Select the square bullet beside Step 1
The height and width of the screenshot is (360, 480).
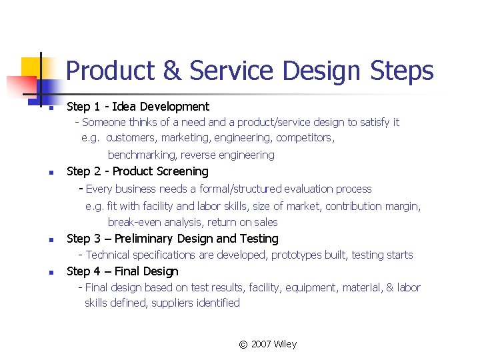click(x=41, y=108)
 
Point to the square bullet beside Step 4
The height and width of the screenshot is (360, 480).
click(x=41, y=273)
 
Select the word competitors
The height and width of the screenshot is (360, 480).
click(x=305, y=138)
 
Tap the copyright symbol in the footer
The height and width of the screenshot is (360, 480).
click(x=243, y=345)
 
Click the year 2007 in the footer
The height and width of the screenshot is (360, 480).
click(x=262, y=345)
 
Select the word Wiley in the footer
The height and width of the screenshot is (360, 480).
click(x=286, y=345)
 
